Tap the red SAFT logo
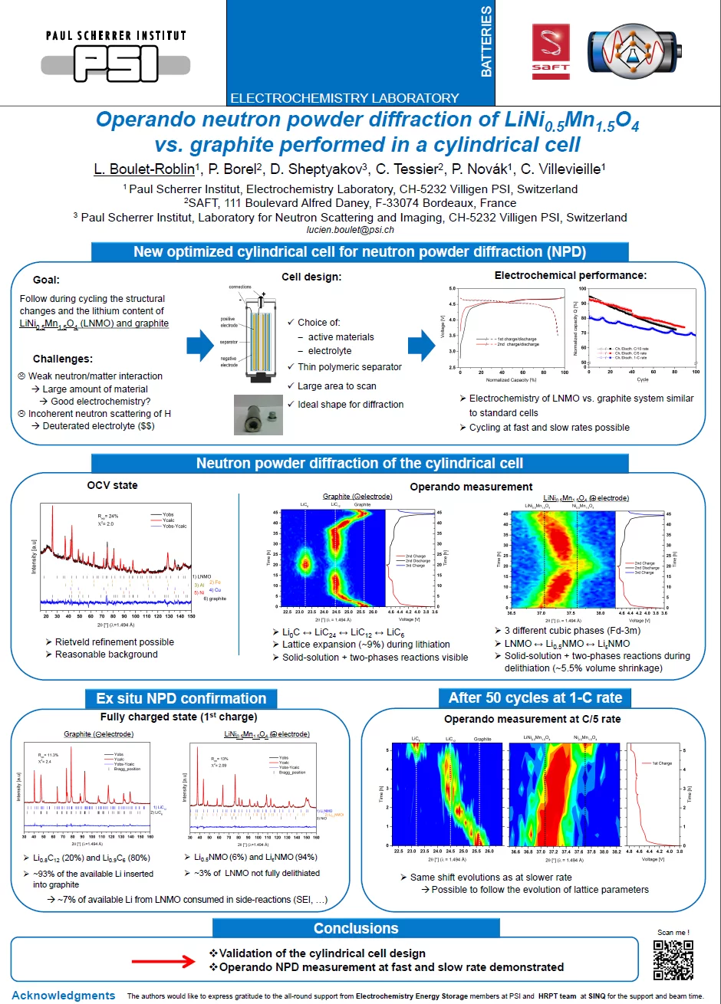551,51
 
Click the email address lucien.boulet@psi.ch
350,229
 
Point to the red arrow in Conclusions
166,960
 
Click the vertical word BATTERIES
486,41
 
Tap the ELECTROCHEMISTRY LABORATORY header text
344,98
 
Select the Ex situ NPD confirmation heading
181,698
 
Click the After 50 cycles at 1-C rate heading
535,697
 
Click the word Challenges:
63,359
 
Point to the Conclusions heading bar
356,928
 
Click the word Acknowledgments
64,996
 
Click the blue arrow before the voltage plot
422,346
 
